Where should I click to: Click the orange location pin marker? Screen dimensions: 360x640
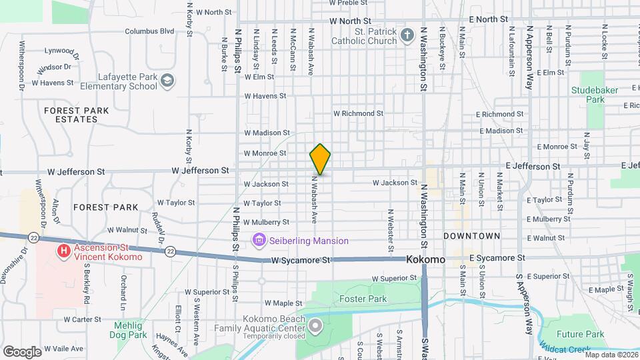pos(321,159)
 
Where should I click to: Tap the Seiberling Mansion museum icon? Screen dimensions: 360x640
pos(259,239)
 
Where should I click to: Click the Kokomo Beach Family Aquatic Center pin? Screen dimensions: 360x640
pos(315,327)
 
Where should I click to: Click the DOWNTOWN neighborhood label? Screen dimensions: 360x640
pos(472,236)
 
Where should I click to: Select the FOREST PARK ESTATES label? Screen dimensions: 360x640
pos(71,115)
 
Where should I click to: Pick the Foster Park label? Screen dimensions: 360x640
pos(363,299)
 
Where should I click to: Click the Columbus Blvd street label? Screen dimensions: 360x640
pos(149,31)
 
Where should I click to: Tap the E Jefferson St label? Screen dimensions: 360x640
pos(533,166)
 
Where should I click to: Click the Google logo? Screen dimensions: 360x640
pos(21,351)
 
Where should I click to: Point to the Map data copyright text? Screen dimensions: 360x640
pos(611,355)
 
